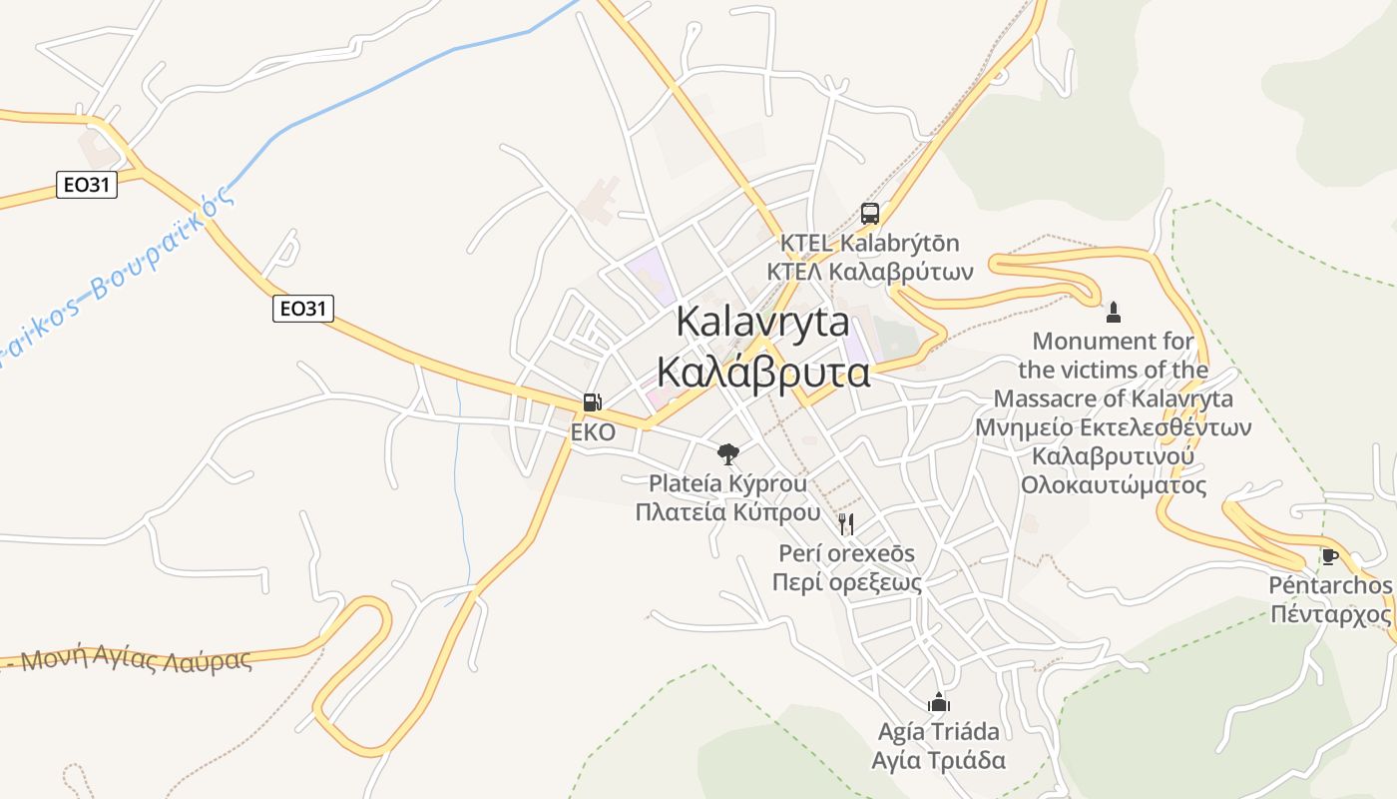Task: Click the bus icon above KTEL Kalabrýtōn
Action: point(869,213)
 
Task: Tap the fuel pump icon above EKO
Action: point(592,402)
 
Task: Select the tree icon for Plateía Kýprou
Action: point(728,454)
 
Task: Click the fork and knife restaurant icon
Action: point(846,523)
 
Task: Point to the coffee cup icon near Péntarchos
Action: point(1329,556)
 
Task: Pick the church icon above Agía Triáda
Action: point(938,702)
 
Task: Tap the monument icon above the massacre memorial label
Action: point(1114,313)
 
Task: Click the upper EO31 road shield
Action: point(87,185)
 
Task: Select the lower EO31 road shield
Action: point(302,309)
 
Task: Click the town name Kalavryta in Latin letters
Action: point(762,322)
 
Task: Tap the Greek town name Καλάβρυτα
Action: point(762,373)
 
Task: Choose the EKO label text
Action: point(593,433)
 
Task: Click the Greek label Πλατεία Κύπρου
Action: point(727,512)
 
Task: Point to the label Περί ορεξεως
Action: point(846,582)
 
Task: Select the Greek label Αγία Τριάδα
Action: point(938,760)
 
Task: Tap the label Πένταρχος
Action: point(1330,612)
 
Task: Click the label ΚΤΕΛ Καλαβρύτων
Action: point(869,272)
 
